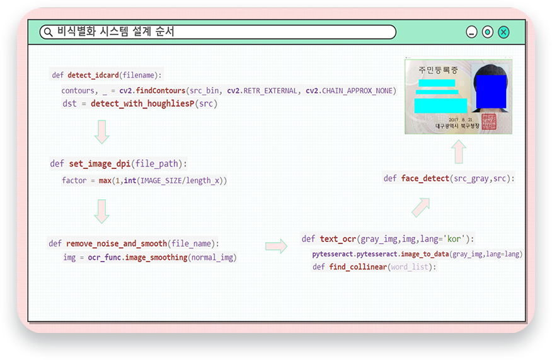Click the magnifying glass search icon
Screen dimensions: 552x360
click(49, 32)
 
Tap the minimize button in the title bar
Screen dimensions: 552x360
click(471, 32)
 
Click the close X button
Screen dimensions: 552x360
click(503, 32)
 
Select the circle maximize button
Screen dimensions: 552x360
click(488, 32)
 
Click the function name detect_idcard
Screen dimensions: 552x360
click(93, 75)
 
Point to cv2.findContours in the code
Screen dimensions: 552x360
click(152, 91)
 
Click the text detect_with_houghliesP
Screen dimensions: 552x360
click(142, 103)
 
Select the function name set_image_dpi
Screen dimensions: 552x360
click(100, 164)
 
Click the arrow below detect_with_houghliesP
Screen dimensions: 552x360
click(101, 132)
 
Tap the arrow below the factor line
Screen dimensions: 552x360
click(101, 211)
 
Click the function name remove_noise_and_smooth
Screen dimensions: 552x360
click(117, 243)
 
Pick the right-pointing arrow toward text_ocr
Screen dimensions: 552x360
click(277, 246)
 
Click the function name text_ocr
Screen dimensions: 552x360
click(338, 239)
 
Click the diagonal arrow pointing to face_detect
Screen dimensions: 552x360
click(421, 207)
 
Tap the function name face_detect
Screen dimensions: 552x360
click(425, 178)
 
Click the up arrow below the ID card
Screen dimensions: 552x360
click(459, 151)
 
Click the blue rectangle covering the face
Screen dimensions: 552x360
click(491, 91)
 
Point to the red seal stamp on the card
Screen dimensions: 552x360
click(489, 122)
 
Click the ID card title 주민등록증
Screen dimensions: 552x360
click(438, 70)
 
